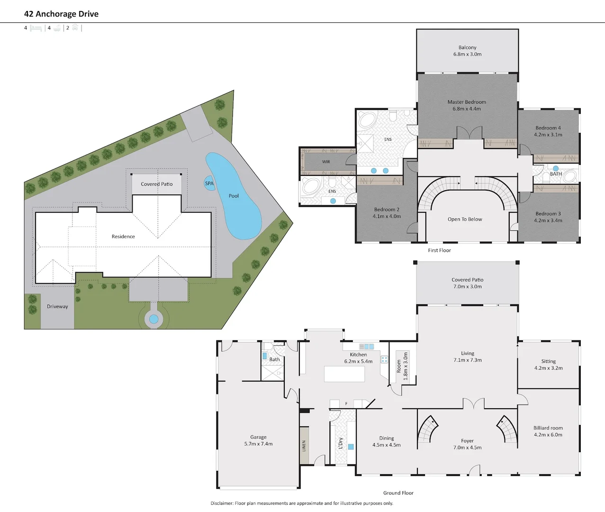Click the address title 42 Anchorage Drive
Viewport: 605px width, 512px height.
point(61,14)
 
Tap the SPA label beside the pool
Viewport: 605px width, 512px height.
point(209,183)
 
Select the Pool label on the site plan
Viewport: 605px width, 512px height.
point(234,196)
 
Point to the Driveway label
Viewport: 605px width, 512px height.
point(57,306)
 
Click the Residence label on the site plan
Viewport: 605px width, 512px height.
point(123,237)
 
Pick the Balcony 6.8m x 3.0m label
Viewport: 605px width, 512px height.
point(468,51)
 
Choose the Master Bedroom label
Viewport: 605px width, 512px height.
point(467,105)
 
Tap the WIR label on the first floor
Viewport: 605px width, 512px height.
point(326,162)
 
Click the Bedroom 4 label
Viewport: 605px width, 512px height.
point(548,131)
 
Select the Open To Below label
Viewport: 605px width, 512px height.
point(465,219)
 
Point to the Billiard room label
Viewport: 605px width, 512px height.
point(548,431)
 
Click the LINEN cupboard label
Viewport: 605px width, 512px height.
point(304,446)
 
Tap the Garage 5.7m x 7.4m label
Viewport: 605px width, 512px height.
point(259,440)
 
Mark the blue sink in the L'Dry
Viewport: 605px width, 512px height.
point(351,447)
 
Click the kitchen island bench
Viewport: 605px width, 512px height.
point(344,374)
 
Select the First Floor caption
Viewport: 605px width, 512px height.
point(439,250)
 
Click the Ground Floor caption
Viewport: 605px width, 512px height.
point(398,493)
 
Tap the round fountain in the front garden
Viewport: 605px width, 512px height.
point(154,319)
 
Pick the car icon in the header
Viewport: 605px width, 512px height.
point(75,27)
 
